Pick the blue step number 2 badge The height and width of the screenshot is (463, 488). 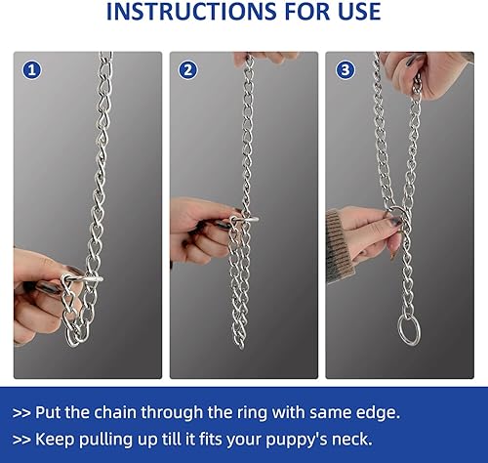188,69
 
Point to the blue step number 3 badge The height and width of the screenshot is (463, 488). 344,69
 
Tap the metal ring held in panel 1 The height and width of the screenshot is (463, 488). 82,286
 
